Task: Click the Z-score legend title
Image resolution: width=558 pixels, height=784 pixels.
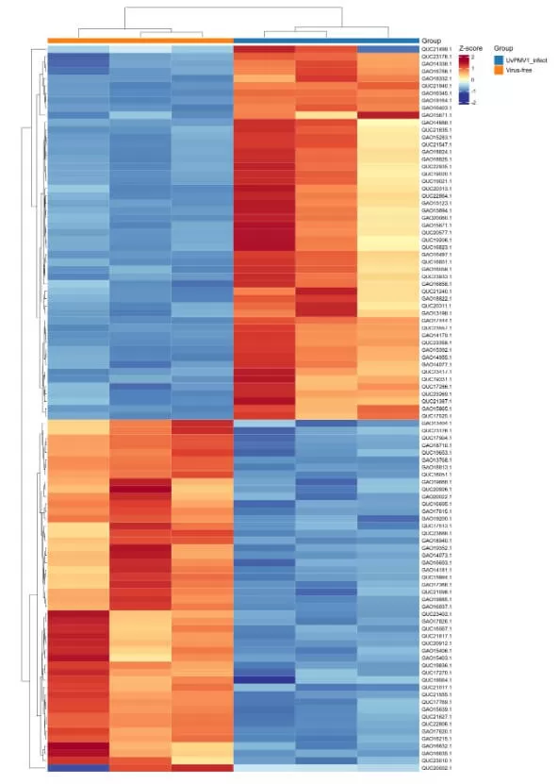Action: point(470,47)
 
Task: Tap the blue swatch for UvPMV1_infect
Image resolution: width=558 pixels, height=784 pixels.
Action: point(500,59)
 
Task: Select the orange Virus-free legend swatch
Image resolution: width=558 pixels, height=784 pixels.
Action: point(500,69)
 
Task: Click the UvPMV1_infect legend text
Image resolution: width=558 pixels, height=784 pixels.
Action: point(524,59)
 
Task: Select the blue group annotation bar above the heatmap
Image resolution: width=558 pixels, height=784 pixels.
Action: point(325,40)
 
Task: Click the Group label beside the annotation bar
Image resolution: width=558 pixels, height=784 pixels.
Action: point(432,41)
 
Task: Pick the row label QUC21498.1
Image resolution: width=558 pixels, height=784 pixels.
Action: point(436,48)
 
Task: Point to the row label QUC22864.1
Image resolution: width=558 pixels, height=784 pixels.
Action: point(436,195)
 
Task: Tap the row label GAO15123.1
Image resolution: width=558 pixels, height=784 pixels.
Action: point(436,203)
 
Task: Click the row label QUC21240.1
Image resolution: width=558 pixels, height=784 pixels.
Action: point(436,292)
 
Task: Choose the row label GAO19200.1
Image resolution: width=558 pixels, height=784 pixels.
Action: point(436,519)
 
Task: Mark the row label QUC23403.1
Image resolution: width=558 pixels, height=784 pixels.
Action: point(436,613)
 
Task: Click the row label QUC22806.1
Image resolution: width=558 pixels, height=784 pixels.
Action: point(436,723)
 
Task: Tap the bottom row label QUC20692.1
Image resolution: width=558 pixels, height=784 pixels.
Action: point(436,768)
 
